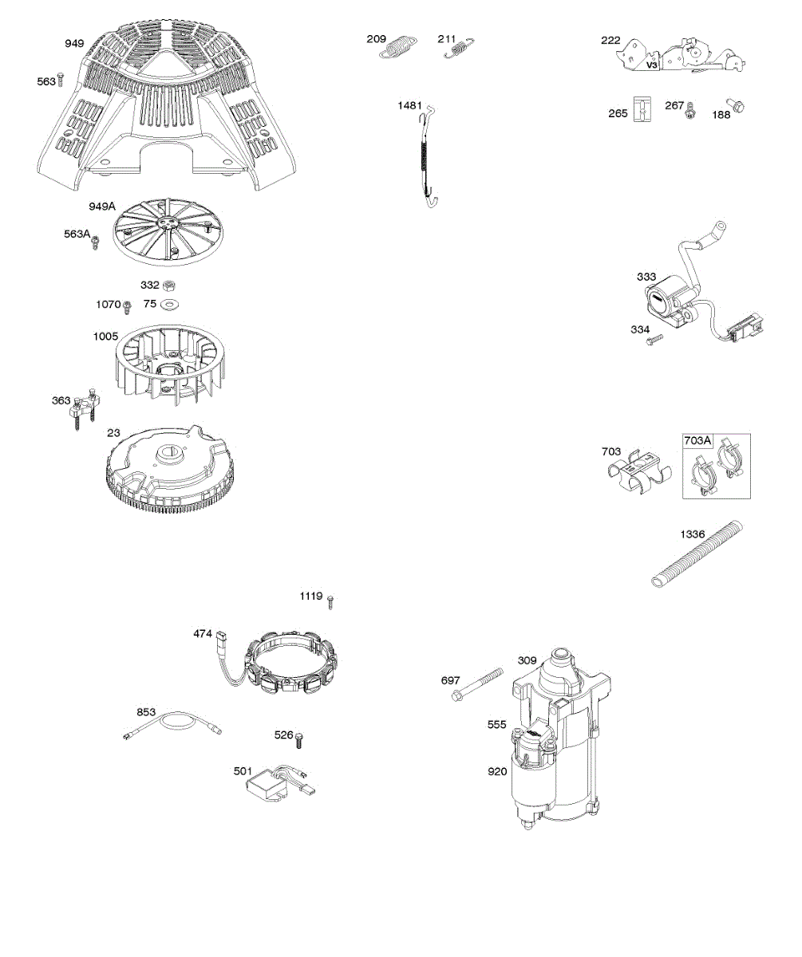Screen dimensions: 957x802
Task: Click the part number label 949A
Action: click(x=102, y=207)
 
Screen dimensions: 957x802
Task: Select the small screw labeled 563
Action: click(x=60, y=81)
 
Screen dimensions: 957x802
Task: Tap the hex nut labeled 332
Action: click(x=169, y=286)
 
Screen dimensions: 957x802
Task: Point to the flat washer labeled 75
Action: click(x=170, y=304)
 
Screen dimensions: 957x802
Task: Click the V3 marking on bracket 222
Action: click(x=651, y=65)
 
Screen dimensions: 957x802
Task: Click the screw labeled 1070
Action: click(x=127, y=305)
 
